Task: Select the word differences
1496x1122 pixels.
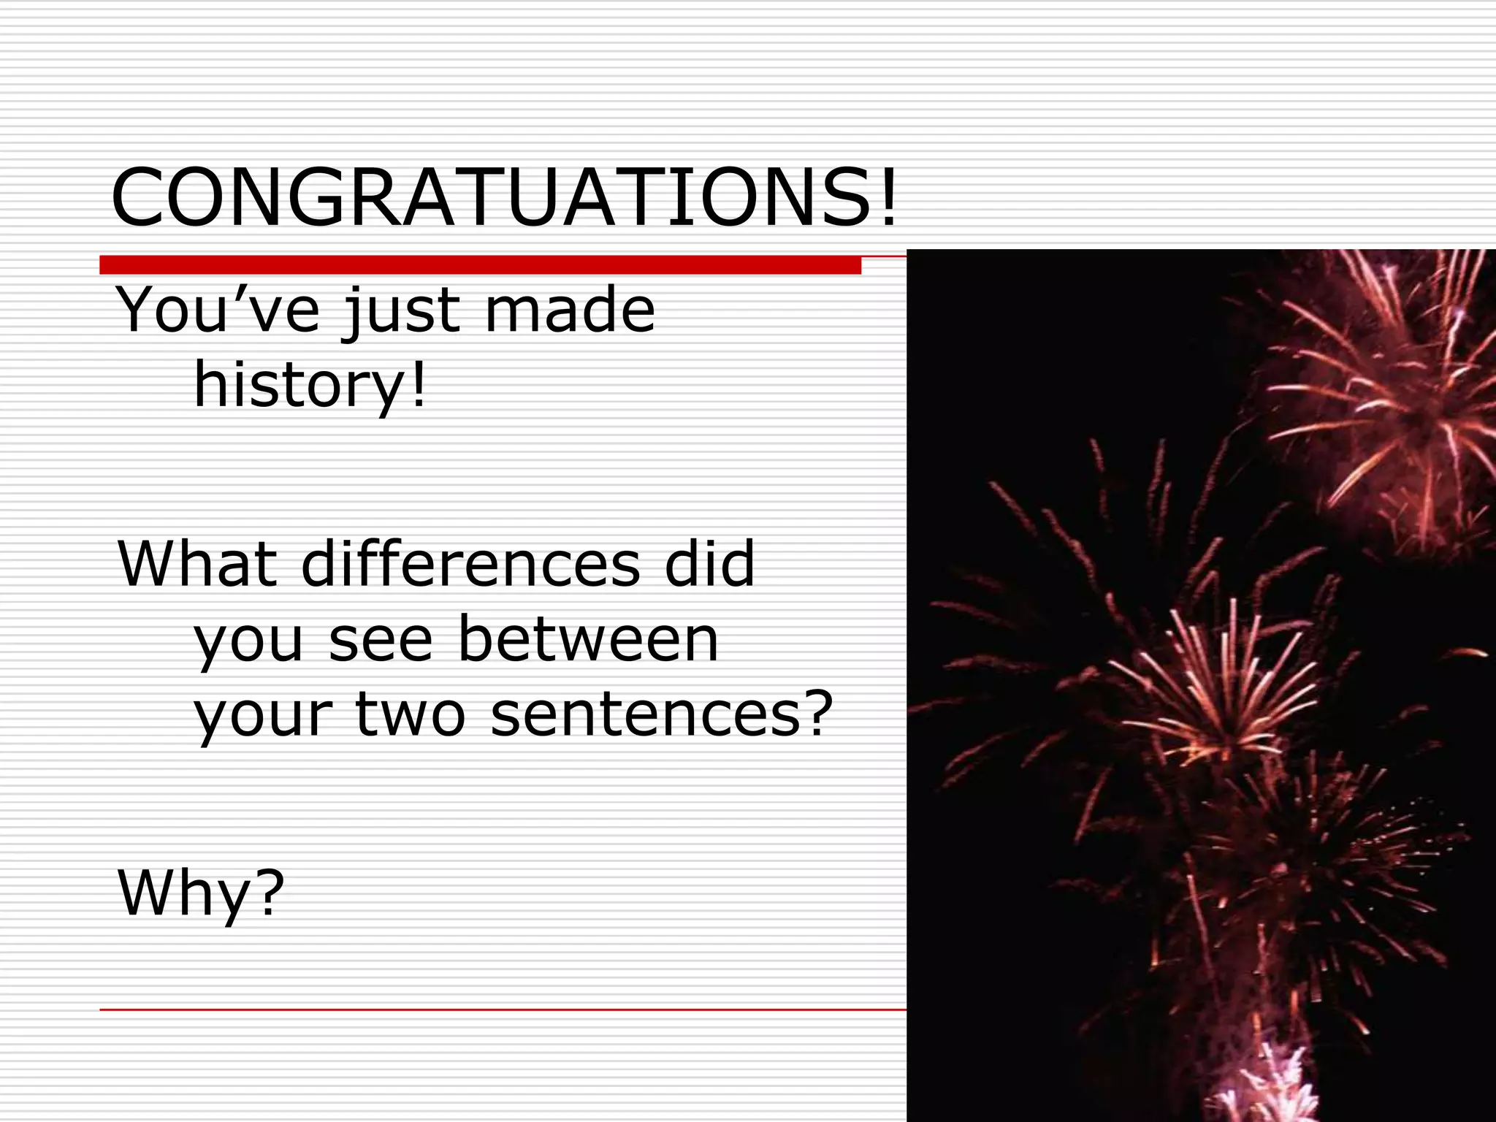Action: coord(470,563)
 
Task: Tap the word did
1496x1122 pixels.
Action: coord(709,563)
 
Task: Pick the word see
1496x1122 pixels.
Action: coord(381,640)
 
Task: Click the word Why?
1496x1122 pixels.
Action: coord(201,894)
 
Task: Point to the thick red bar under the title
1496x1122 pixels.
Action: coord(480,265)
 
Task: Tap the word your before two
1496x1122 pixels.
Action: coord(263,716)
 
